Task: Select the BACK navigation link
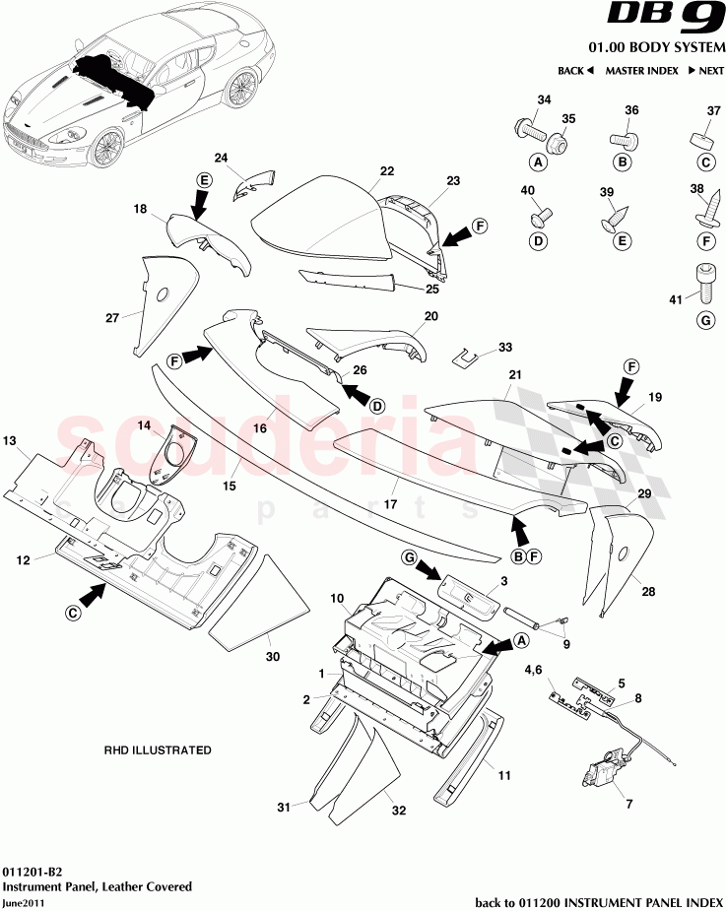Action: [575, 71]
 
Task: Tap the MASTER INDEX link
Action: [641, 71]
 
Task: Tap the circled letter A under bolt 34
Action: [539, 163]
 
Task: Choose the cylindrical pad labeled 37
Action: [705, 136]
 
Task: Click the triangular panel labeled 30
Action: [246, 603]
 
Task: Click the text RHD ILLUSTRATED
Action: [158, 750]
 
